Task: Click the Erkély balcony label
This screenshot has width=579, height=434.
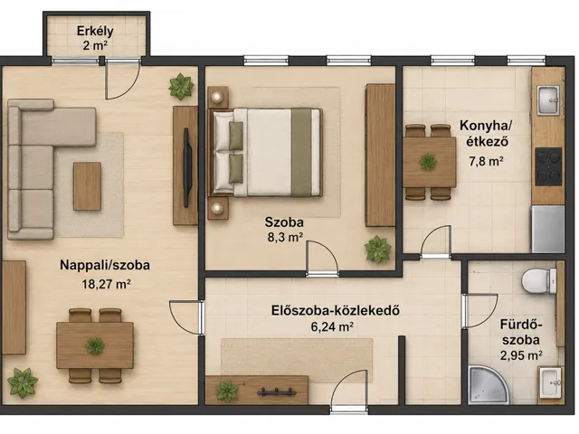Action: pyautogui.click(x=95, y=31)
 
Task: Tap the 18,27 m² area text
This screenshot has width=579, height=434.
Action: pyautogui.click(x=106, y=284)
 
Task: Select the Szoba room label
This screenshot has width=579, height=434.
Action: pyautogui.click(x=284, y=222)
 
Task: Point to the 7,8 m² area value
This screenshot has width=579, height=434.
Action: pyautogui.click(x=487, y=161)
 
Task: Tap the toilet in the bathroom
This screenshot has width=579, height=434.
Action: pyautogui.click(x=539, y=281)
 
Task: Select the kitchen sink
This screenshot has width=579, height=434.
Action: pyautogui.click(x=548, y=100)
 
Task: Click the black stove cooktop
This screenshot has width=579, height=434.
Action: pyautogui.click(x=548, y=166)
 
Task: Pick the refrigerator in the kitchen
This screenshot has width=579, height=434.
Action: pyautogui.click(x=547, y=229)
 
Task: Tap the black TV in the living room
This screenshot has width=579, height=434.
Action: pyautogui.click(x=186, y=168)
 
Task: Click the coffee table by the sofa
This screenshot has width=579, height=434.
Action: pyautogui.click(x=87, y=186)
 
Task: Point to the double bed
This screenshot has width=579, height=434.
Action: pyautogui.click(x=265, y=152)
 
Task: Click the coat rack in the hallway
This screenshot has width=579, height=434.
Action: pyautogui.click(x=277, y=392)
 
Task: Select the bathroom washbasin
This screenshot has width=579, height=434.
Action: pyautogui.click(x=551, y=382)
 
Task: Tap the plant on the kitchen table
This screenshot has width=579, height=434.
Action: pyautogui.click(x=428, y=162)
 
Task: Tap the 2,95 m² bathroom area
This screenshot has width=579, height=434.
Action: pyautogui.click(x=521, y=355)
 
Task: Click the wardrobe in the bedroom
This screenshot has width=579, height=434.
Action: pyautogui.click(x=380, y=156)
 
